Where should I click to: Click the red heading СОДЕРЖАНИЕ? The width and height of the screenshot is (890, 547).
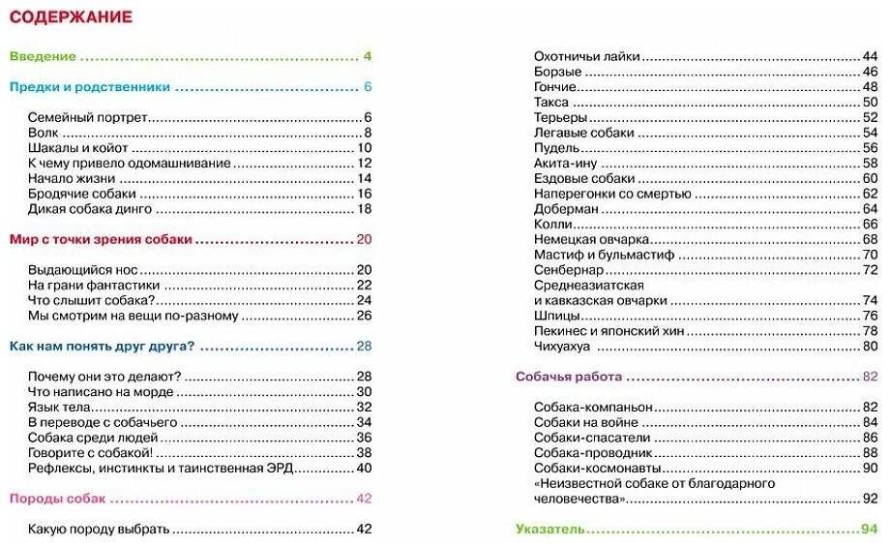click(71, 17)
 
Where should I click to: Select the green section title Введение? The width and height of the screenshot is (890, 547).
click(43, 56)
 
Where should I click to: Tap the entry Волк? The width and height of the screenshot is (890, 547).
click(44, 133)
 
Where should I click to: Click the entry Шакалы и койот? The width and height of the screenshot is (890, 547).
click(78, 148)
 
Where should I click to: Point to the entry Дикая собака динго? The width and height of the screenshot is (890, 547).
click(90, 209)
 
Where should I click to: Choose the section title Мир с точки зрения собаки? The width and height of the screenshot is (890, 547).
click(101, 239)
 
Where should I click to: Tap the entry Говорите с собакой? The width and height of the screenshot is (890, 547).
click(91, 453)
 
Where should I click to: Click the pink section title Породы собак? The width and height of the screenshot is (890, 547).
click(57, 499)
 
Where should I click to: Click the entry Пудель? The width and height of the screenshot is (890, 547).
click(557, 148)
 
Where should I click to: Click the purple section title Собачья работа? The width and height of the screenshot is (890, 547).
click(569, 377)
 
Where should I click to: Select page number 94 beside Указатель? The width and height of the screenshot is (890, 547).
click(868, 530)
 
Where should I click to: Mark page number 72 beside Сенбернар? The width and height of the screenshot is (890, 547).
click(870, 270)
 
